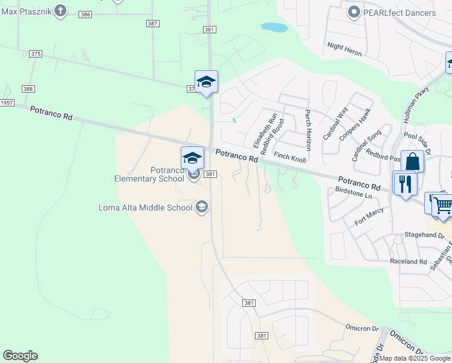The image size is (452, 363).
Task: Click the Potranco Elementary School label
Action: (x=150, y=174)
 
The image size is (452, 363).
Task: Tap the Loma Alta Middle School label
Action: (x=146, y=208)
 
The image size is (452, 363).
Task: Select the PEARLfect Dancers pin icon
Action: (x=354, y=11)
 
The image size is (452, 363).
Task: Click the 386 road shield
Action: (x=85, y=14)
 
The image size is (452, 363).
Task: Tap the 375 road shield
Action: (x=36, y=54)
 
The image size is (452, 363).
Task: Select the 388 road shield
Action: (x=28, y=88)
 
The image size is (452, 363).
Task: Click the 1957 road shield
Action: (x=7, y=103)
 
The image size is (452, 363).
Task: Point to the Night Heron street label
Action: (x=344, y=49)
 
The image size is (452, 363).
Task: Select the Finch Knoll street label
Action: (x=290, y=156)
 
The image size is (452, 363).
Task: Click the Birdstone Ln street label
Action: (x=354, y=192)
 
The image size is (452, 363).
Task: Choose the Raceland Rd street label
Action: (x=408, y=261)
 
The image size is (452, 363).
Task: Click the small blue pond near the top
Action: (x=274, y=27)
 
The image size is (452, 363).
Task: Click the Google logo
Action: (x=20, y=355)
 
